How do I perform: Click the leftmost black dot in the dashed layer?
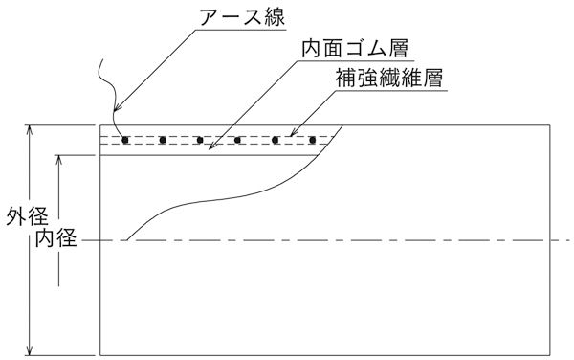[125, 140]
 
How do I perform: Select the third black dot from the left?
[200, 140]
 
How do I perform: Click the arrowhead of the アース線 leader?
[119, 134]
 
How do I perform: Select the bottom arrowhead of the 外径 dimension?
[32, 351]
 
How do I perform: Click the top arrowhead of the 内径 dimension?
[63, 157]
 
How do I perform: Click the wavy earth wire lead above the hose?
[108, 92]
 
